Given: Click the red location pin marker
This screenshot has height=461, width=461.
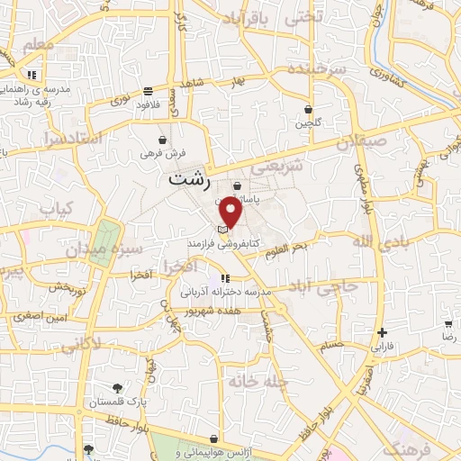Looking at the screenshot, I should [231, 212].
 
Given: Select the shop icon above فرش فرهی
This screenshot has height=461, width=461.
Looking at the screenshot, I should [162, 140].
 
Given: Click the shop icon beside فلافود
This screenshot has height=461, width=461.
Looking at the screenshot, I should [168, 90].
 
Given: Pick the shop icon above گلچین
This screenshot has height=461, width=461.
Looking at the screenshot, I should [309, 110].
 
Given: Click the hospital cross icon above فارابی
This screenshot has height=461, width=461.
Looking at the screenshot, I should [383, 332].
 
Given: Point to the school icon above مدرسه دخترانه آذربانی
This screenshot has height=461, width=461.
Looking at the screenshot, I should [224, 278].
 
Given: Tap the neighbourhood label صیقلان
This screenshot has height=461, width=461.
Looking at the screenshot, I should [361, 142].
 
